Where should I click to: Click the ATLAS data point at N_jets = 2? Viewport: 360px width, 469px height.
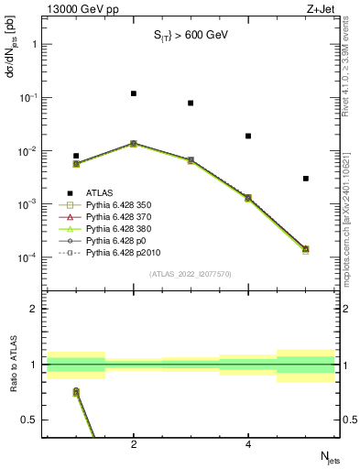(134, 93)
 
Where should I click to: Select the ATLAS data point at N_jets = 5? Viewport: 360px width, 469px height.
(306, 179)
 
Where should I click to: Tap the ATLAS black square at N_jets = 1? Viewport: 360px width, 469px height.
(76, 156)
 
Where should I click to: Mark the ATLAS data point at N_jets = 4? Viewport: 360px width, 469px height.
(248, 136)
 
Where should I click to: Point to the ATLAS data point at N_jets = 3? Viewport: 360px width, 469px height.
(191, 103)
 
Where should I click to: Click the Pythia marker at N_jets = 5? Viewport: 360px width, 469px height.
(306, 249)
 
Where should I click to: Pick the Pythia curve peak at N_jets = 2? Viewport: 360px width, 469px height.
(134, 143)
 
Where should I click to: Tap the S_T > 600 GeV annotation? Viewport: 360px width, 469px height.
(190, 36)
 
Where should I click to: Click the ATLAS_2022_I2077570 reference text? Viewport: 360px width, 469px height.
(191, 274)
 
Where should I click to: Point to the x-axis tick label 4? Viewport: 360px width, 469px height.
(248, 444)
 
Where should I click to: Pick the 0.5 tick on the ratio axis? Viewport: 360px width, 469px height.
(35, 420)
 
